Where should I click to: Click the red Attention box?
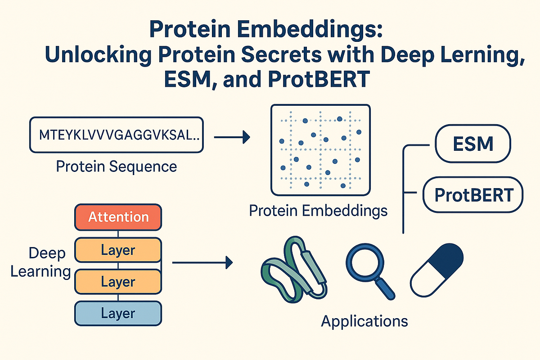pos(118,217)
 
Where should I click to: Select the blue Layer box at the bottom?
pos(118,313)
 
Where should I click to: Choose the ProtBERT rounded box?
pos(474,195)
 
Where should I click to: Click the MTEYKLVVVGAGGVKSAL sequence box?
pos(117,135)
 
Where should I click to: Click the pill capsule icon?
pos(436,270)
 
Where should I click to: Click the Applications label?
pos(364,321)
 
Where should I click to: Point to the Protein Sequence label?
pos(116,166)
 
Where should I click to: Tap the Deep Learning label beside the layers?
pos(41,262)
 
